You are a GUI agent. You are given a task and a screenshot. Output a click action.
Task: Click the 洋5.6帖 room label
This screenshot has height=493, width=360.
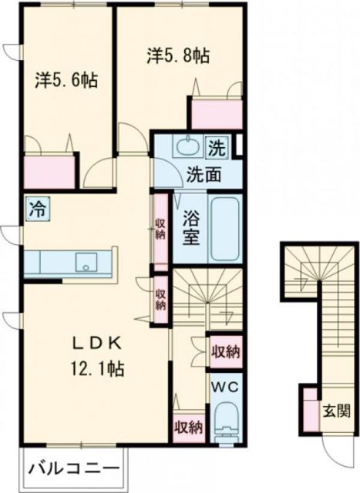66,79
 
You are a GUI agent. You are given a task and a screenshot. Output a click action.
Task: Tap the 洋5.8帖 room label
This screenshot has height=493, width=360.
180,55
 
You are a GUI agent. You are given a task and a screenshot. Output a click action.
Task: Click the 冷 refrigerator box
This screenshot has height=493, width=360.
35,207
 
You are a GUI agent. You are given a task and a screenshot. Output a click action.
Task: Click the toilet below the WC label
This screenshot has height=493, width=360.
226,424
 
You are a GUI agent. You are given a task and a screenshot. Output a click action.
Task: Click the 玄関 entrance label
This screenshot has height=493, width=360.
337,410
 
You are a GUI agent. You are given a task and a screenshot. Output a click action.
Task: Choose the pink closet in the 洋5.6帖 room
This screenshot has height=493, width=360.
50,170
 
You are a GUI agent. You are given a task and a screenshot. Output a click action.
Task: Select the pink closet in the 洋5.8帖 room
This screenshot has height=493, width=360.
217,114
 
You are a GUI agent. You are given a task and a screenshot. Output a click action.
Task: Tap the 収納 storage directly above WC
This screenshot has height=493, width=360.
224,351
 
